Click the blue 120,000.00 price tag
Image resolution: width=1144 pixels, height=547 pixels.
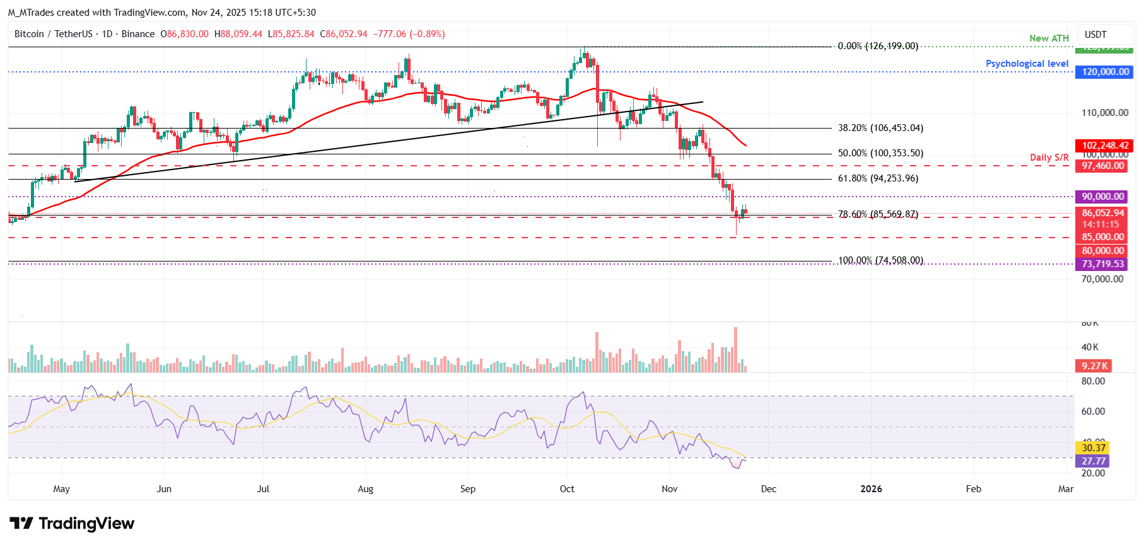tap(1105, 72)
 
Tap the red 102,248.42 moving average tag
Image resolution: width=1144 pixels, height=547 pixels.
tap(1105, 146)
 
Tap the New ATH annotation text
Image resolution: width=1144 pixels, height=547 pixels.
tap(1049, 38)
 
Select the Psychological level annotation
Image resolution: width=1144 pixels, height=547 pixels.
tap(1027, 64)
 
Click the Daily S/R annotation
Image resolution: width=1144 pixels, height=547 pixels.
tap(1049, 158)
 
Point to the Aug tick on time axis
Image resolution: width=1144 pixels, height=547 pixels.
tap(365, 489)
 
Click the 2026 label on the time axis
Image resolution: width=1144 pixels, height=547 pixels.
tap(871, 489)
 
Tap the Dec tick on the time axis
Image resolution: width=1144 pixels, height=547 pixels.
tap(768, 489)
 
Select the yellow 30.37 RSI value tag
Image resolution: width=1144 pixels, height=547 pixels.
tap(1094, 448)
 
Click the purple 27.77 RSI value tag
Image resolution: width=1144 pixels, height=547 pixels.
tap(1094, 461)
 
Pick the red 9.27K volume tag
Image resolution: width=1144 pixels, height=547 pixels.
tap(1094, 366)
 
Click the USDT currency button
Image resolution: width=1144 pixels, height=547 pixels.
tap(1095, 35)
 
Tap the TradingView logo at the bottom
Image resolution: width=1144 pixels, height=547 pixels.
tap(72, 524)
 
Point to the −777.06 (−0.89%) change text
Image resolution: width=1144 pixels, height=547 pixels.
tap(409, 34)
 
